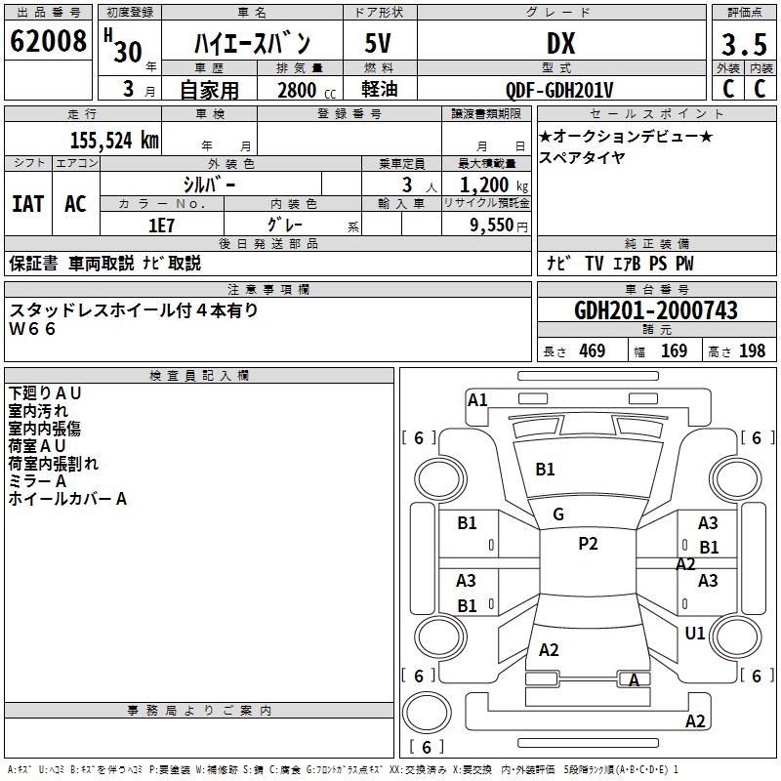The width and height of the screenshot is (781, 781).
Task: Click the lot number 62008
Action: [x=47, y=43]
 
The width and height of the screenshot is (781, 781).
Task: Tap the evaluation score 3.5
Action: [x=743, y=45]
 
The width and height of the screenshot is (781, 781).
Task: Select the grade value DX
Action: [x=559, y=44]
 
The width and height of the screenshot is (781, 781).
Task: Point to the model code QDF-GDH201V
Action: [x=559, y=90]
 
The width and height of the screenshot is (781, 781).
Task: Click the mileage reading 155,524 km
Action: [x=114, y=140]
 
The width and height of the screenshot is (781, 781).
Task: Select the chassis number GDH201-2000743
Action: [x=656, y=310]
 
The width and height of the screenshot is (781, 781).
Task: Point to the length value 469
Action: [x=592, y=351]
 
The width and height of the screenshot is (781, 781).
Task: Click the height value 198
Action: [x=753, y=351]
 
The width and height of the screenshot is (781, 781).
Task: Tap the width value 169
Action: [x=674, y=351]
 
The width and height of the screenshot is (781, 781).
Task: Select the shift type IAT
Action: [x=27, y=204]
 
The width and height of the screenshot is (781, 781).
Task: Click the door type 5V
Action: [x=379, y=44]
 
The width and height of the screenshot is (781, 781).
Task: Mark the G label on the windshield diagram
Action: [x=558, y=514]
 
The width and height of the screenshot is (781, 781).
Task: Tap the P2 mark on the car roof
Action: [x=588, y=544]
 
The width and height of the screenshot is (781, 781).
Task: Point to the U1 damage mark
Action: [x=695, y=634]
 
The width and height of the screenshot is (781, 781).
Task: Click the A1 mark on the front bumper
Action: [x=477, y=399]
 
